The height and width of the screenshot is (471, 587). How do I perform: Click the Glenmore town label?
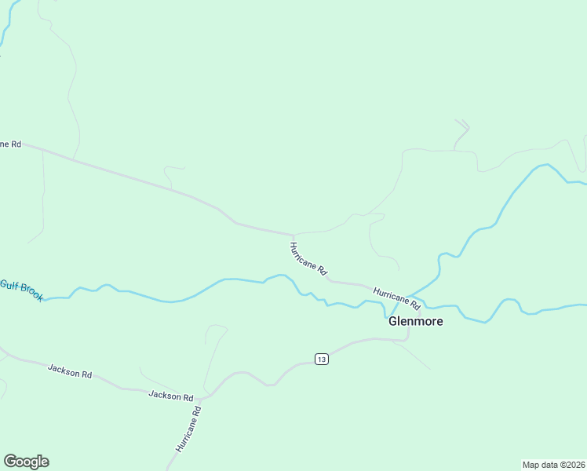pos(416,321)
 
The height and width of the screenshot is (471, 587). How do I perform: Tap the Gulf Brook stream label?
pos(22,290)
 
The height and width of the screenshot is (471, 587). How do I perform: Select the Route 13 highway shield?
pos(321,359)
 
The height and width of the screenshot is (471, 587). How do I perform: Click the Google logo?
pos(26,462)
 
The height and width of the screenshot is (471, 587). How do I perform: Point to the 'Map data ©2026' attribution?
pos(553,465)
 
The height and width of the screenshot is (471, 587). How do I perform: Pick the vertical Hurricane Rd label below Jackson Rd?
pos(189,429)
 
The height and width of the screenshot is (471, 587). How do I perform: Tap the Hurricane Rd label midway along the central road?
pos(308,257)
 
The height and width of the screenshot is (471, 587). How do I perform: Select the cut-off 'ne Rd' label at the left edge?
pos(10,144)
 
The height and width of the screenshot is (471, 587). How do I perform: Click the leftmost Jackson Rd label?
pos(70,371)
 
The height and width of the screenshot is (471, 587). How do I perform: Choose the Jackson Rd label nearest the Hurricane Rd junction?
pos(171,396)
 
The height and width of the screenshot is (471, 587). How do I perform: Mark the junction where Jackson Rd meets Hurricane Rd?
pos(201,400)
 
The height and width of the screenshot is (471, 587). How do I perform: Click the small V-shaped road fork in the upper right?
pos(463,124)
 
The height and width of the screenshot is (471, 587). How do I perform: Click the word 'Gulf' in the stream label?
pos(8,284)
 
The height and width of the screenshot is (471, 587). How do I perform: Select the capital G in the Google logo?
pos(10,461)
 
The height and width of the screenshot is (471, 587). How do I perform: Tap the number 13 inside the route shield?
pos(321,359)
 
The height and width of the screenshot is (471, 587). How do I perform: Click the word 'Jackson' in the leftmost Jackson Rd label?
pos(64,369)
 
